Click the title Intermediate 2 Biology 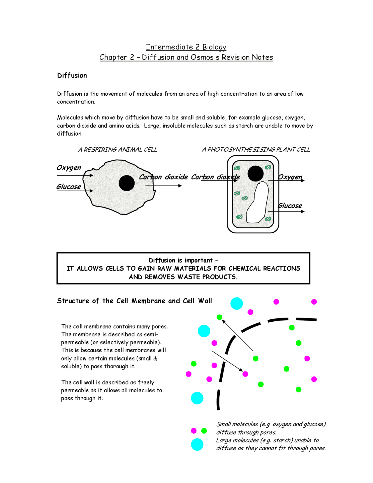click(186, 47)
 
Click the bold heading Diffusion click(72, 76)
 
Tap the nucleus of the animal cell click(127, 183)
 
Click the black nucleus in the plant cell click(256, 174)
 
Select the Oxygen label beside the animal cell click(69, 168)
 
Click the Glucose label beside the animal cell click(69, 187)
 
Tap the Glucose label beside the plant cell click(290, 206)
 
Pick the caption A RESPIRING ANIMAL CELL click(117, 150)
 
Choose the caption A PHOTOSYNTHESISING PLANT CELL click(256, 150)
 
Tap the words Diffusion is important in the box click(181, 260)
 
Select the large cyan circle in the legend click(197, 444)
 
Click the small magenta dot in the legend click(194, 431)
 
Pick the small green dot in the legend click(204, 431)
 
